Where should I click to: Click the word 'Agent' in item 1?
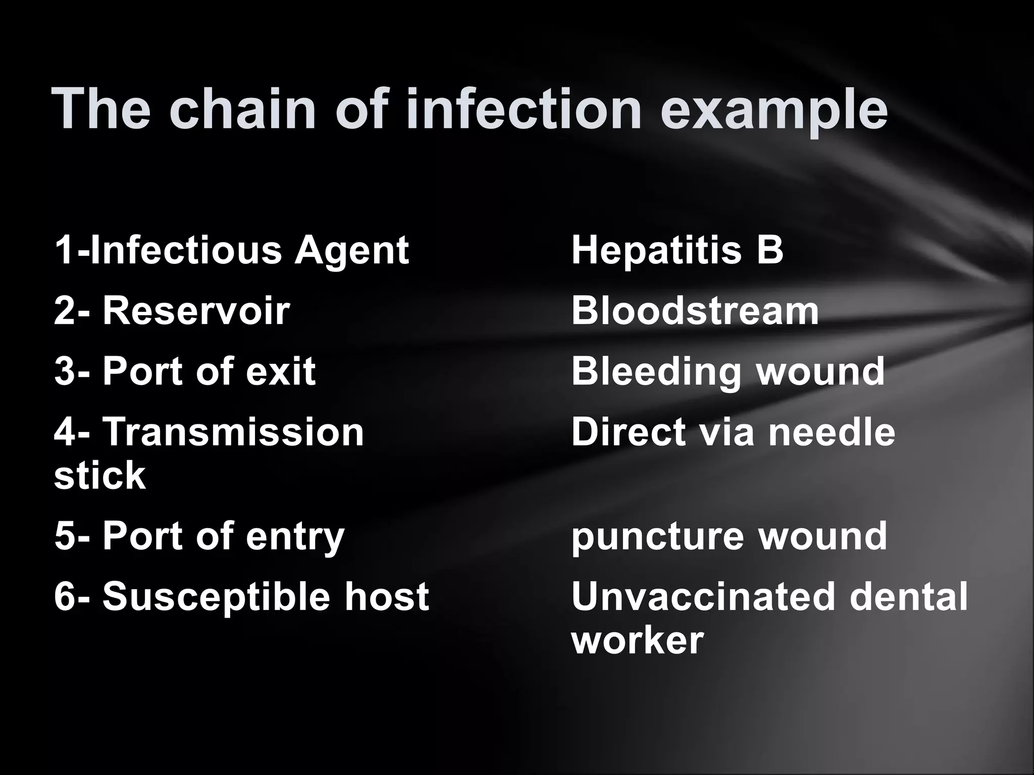point(351,251)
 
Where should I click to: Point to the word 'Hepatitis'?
point(657,251)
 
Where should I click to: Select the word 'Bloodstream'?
point(695,311)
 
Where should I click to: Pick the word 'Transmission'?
point(233,432)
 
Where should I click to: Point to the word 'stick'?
point(99,475)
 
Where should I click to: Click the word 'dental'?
point(909,596)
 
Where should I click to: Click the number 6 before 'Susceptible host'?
point(64,597)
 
